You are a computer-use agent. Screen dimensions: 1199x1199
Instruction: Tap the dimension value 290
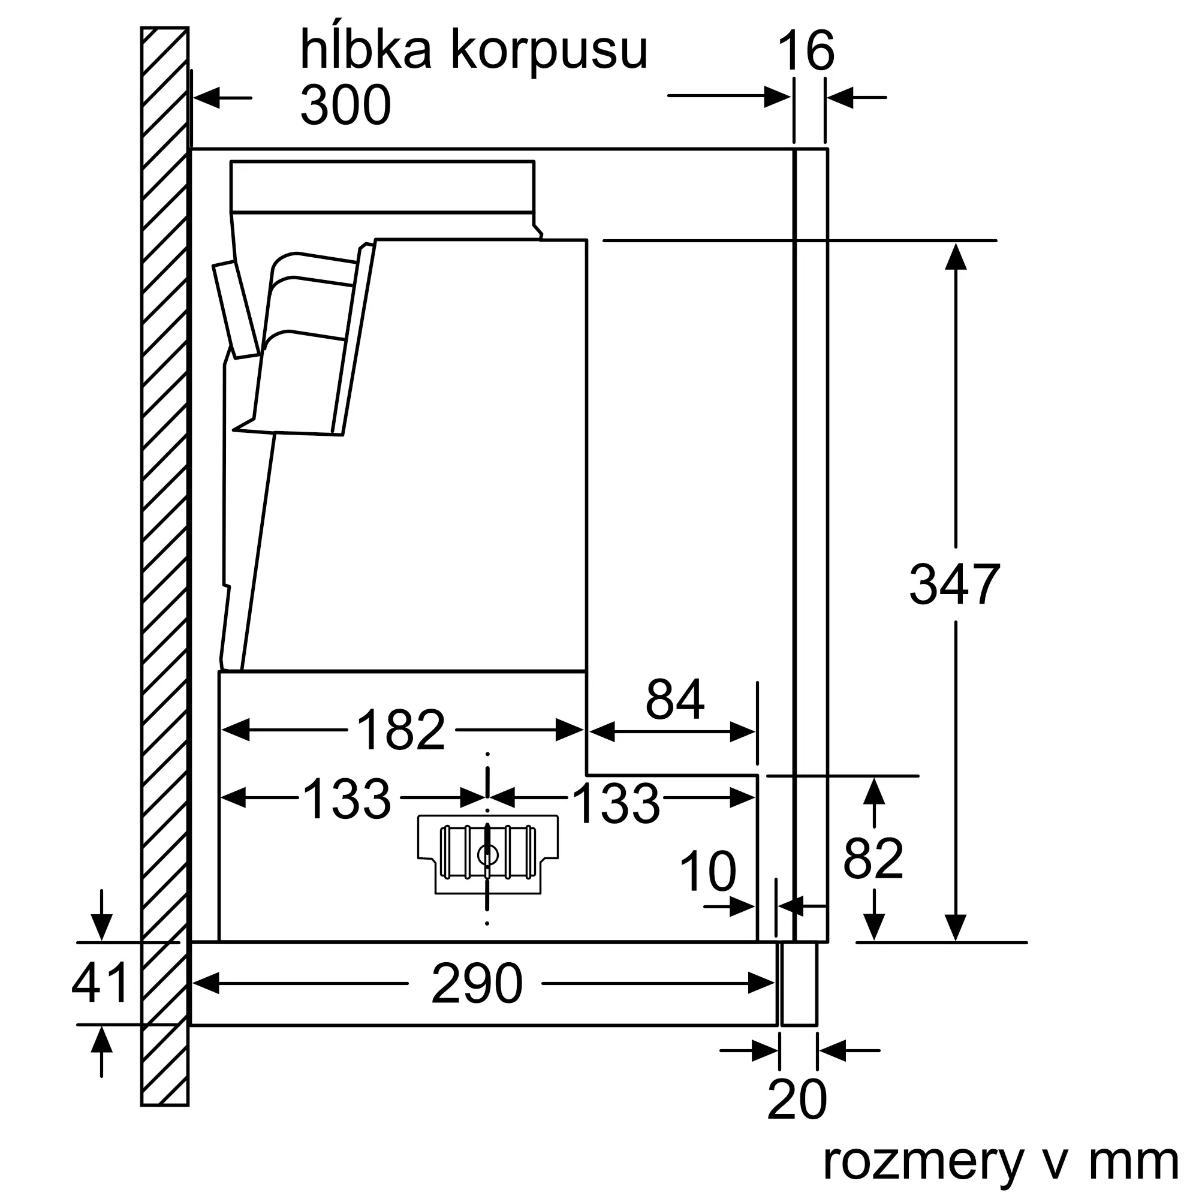point(477,983)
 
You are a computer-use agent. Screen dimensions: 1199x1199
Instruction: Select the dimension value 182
point(401,730)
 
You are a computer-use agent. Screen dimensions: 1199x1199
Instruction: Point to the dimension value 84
point(674,699)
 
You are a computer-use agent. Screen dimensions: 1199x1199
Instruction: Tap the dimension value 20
point(797,1099)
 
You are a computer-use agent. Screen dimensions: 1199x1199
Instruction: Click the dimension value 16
point(806,51)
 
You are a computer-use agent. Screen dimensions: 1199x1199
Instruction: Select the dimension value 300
point(346,104)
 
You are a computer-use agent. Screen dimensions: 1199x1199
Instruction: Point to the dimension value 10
point(707,872)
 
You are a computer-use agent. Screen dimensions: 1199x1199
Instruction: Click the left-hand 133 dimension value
point(347,799)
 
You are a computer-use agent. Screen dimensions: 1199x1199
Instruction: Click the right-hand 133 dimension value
point(616,803)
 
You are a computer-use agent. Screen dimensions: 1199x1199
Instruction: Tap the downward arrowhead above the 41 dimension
point(101,927)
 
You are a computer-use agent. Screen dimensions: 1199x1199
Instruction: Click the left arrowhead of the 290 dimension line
point(206,983)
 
